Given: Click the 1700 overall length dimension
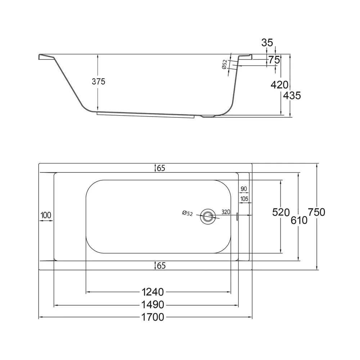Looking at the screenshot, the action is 153,317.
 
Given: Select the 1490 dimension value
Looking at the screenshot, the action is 153,305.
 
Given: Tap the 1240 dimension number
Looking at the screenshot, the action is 153,292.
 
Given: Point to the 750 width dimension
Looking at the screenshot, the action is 316,212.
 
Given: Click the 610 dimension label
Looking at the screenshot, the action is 299,220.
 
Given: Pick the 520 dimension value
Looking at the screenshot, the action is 281,212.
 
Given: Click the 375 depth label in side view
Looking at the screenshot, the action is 99,81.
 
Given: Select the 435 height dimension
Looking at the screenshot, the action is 292,95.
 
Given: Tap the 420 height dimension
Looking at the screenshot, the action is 279,85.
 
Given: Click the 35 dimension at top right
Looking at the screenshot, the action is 267,43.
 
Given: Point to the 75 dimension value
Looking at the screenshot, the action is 274,60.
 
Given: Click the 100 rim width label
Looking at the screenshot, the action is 46,215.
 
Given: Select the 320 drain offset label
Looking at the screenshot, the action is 226,212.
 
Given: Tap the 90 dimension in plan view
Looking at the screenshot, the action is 244,189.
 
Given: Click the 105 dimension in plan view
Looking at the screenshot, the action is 244,199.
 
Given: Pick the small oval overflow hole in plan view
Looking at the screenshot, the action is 237,216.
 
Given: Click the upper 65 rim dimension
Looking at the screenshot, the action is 161,168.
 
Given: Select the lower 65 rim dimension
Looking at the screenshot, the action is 161,266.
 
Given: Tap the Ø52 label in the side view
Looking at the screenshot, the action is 225,64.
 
